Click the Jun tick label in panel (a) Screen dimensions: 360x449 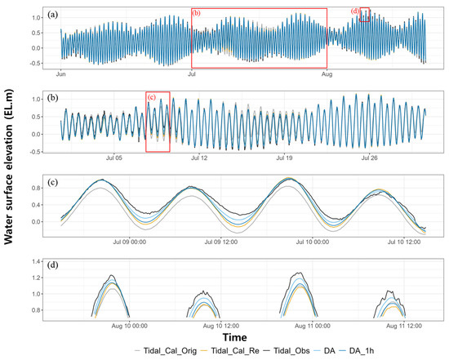(x=60, y=74)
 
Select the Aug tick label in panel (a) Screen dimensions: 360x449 (x=327, y=74)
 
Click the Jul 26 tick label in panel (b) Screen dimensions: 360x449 (x=371, y=158)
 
